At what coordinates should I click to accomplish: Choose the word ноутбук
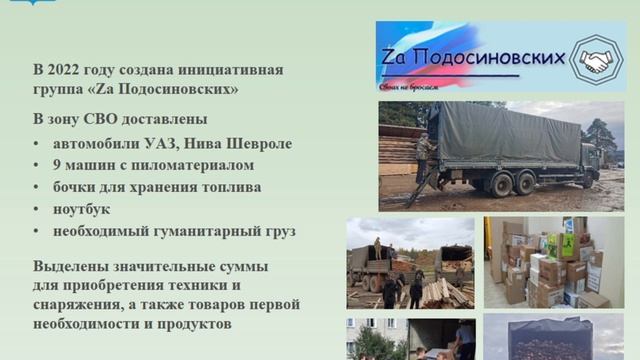[x=81, y=209]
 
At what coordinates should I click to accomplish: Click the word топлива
[x=230, y=187]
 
